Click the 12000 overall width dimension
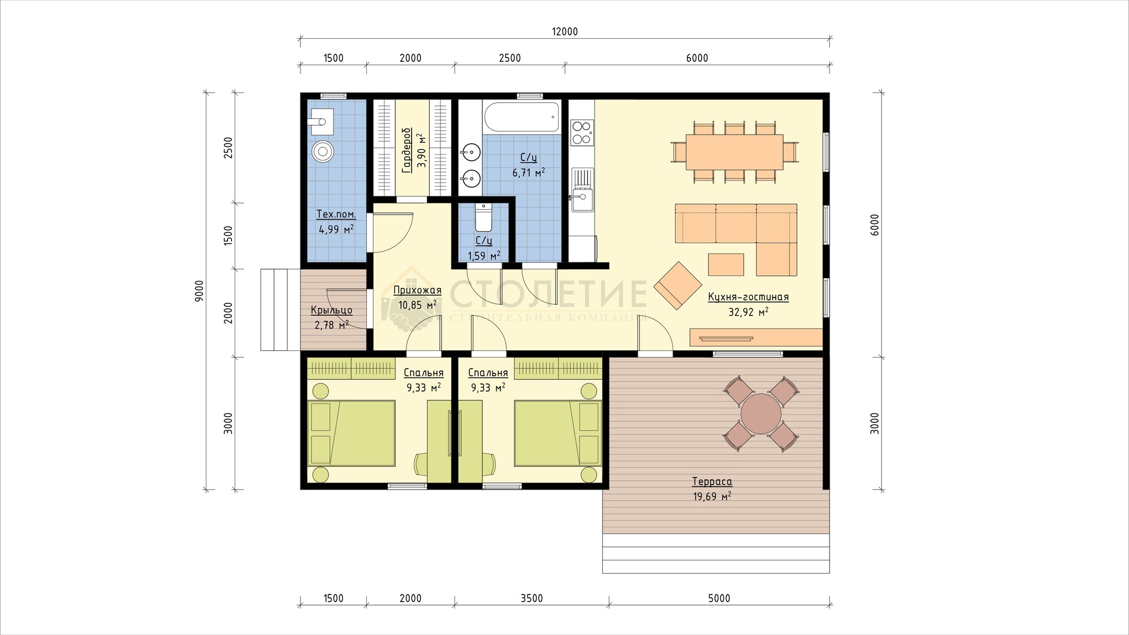pos(565,32)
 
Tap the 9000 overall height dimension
pos(199,290)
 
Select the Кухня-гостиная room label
pos(749,298)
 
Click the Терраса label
pos(712,482)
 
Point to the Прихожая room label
pos(417,290)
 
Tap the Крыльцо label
pos(332,310)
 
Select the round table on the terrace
pos(761,414)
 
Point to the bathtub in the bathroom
pos(520,118)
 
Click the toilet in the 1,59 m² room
pos(483,218)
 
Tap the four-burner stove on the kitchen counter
pos(582,132)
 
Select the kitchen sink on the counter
pos(582,190)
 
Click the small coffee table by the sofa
pos(726,264)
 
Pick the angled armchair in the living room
pos(677,285)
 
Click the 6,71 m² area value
pos(528,172)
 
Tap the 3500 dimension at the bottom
pos(532,599)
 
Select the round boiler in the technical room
pos(322,152)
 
